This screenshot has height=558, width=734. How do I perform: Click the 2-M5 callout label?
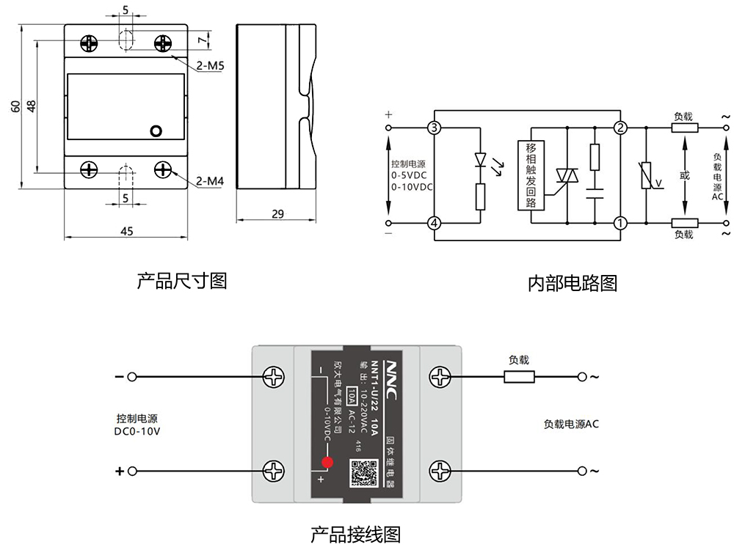coord(210,66)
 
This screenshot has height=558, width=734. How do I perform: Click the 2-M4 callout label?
coord(210,181)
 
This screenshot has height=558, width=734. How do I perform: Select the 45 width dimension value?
coord(126,231)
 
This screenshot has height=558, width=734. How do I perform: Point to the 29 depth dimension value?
coord(277,214)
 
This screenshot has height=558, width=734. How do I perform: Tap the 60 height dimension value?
coord(15,106)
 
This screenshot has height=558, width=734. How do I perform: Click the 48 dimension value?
coord(31,106)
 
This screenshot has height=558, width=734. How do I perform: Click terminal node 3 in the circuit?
coord(435,128)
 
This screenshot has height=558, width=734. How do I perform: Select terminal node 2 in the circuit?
coord(620,128)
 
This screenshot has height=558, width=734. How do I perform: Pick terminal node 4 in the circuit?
coord(435,223)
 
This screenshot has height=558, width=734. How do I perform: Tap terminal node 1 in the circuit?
coord(620,223)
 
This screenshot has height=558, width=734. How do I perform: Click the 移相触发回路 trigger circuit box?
coord(531,175)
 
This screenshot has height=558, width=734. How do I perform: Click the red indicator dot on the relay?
coord(327,462)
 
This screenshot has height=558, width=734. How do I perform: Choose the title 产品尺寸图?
coord(182,280)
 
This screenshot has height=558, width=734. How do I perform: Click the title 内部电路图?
coord(573,283)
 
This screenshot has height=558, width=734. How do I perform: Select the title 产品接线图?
coord(356,535)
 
